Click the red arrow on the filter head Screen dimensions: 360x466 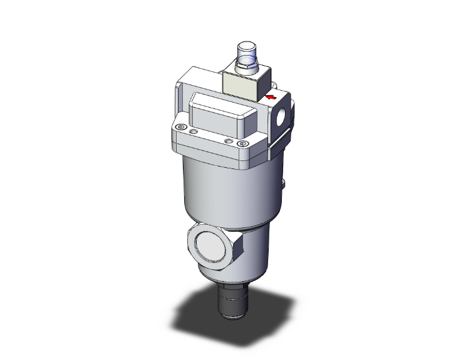click(271, 97)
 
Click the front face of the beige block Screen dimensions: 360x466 click(238, 87)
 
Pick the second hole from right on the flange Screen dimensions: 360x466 click(229, 141)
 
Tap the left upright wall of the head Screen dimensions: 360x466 click(180, 100)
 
